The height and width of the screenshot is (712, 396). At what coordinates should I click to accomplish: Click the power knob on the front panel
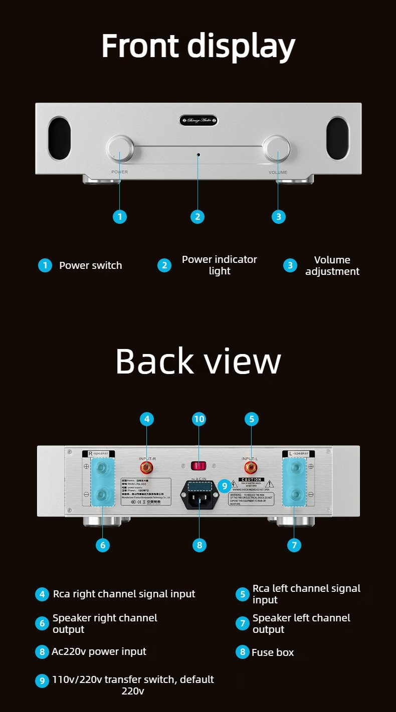120,148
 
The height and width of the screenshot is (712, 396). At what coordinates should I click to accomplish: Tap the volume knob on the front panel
278,148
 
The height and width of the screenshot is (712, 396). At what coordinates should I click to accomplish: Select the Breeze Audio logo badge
199,120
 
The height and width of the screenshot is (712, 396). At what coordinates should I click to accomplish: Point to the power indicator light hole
198,155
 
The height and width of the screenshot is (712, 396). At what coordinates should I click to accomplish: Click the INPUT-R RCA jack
147,468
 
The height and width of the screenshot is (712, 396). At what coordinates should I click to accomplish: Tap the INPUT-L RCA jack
251,468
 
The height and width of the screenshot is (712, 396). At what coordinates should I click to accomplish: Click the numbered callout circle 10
199,419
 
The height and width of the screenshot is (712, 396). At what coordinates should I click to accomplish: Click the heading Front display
199,46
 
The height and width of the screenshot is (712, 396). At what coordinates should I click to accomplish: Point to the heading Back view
198,361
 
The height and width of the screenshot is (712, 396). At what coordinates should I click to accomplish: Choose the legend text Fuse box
273,652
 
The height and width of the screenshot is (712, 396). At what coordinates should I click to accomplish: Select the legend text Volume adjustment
332,265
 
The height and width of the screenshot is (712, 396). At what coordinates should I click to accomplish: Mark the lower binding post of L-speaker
296,496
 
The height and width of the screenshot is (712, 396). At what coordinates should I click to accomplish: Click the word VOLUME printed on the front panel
278,172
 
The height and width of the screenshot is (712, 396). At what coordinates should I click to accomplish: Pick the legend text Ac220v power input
99,651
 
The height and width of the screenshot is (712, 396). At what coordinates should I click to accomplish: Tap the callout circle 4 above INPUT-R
146,419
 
